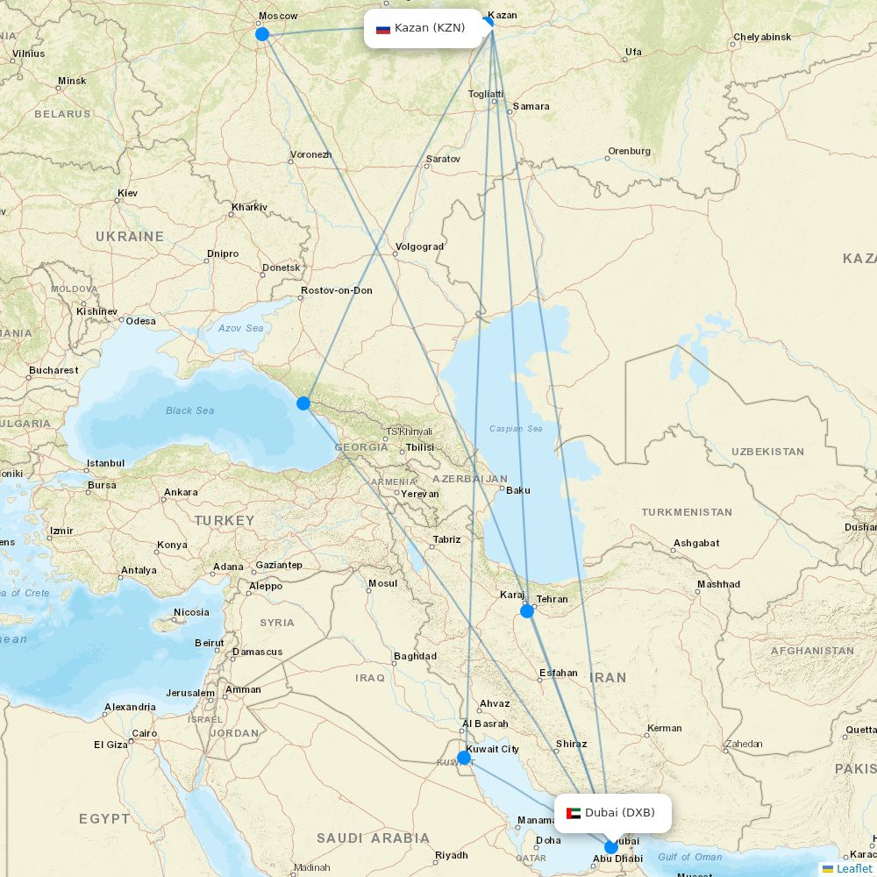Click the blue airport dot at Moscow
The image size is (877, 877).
click(261, 34)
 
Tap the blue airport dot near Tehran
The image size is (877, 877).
click(527, 611)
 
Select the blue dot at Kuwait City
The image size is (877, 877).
click(463, 757)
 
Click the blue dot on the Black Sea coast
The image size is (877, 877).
click(303, 403)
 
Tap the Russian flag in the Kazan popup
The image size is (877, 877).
click(383, 29)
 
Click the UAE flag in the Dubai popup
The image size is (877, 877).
click(574, 813)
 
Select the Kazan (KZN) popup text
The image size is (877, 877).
click(430, 28)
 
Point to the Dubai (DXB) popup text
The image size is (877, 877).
click(620, 813)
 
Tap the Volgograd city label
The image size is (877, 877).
click(420, 246)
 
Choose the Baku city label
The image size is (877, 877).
click(518, 490)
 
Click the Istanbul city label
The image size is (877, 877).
click(105, 463)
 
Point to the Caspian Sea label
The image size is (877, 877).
click(517, 429)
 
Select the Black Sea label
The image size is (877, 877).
click(190, 410)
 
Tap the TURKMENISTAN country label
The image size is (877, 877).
click(687, 512)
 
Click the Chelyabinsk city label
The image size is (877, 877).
click(762, 37)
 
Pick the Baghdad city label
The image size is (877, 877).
click(416, 656)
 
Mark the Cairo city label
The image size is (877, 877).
click(144, 733)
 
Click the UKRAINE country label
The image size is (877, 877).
click(130, 237)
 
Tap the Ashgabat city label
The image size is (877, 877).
click(696, 544)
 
